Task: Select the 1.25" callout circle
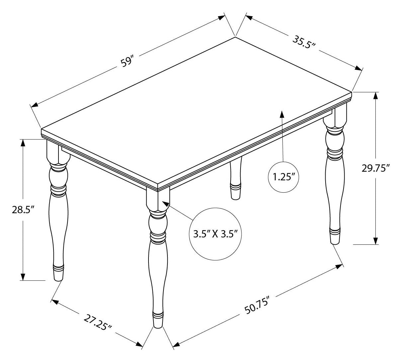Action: pos(283,177)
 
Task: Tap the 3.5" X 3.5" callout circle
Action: pos(215,234)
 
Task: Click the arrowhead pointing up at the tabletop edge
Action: pos(282,114)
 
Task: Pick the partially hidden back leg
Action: pos(236,178)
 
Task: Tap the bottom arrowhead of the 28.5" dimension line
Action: pos(23,277)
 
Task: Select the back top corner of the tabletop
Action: pos(235,37)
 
